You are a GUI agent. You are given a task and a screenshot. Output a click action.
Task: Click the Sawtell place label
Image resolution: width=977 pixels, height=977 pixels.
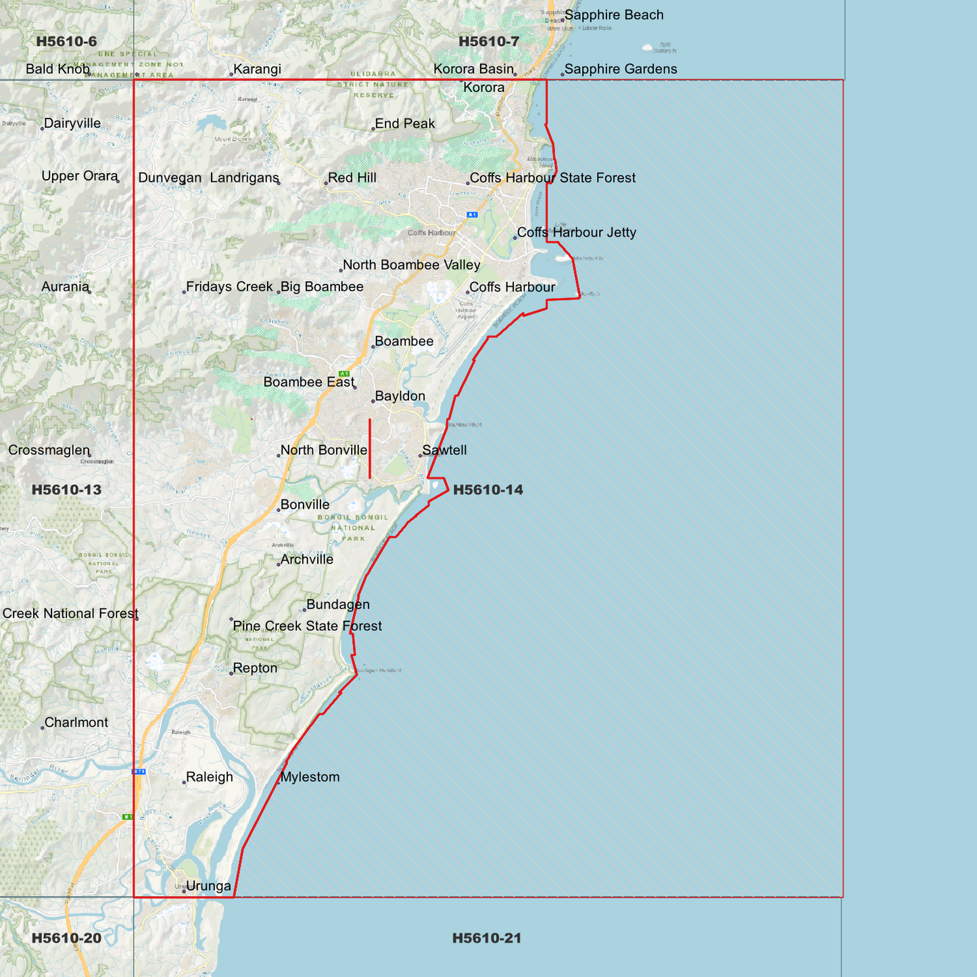click(444, 450)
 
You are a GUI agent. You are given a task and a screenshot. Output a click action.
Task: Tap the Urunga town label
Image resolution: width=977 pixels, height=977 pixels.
click(208, 886)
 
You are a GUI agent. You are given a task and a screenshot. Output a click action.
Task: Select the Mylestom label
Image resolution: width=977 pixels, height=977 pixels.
click(310, 777)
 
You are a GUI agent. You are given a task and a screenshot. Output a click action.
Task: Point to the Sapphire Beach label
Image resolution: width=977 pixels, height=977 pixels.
click(614, 15)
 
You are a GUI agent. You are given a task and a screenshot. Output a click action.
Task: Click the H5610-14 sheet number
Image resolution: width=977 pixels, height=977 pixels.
click(487, 490)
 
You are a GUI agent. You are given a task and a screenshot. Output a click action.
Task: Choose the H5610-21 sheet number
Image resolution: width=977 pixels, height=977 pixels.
click(487, 938)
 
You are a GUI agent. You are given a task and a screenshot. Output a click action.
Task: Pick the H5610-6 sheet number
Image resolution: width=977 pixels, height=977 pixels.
click(66, 41)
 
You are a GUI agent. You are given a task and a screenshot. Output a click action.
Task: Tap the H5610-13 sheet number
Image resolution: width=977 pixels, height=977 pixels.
click(66, 490)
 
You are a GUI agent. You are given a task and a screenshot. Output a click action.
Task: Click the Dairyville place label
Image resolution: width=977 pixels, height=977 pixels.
click(72, 124)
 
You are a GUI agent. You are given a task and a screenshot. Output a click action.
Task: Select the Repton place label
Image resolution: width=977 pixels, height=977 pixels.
click(255, 668)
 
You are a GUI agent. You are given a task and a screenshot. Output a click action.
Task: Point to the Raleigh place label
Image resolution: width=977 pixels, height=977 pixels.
click(210, 777)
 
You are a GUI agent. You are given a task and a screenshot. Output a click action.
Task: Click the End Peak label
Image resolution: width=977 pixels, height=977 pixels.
click(405, 124)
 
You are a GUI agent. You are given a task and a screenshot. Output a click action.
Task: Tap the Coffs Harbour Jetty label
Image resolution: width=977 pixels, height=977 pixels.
click(577, 233)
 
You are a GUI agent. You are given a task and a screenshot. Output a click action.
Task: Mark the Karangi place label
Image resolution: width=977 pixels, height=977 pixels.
click(257, 69)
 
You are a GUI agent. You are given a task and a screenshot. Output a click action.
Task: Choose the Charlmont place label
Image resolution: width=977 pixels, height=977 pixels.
click(76, 722)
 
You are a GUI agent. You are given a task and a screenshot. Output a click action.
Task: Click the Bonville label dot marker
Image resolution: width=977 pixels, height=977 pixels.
click(279, 509)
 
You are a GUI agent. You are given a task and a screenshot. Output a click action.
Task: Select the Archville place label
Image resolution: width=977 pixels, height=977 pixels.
click(307, 559)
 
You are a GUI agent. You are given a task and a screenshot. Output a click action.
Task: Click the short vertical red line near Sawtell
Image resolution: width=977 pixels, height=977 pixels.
click(370, 449)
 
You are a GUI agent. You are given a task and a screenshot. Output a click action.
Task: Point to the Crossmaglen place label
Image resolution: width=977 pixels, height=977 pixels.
click(49, 450)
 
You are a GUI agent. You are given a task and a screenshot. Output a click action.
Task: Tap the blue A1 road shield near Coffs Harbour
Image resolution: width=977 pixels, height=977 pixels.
click(472, 215)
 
